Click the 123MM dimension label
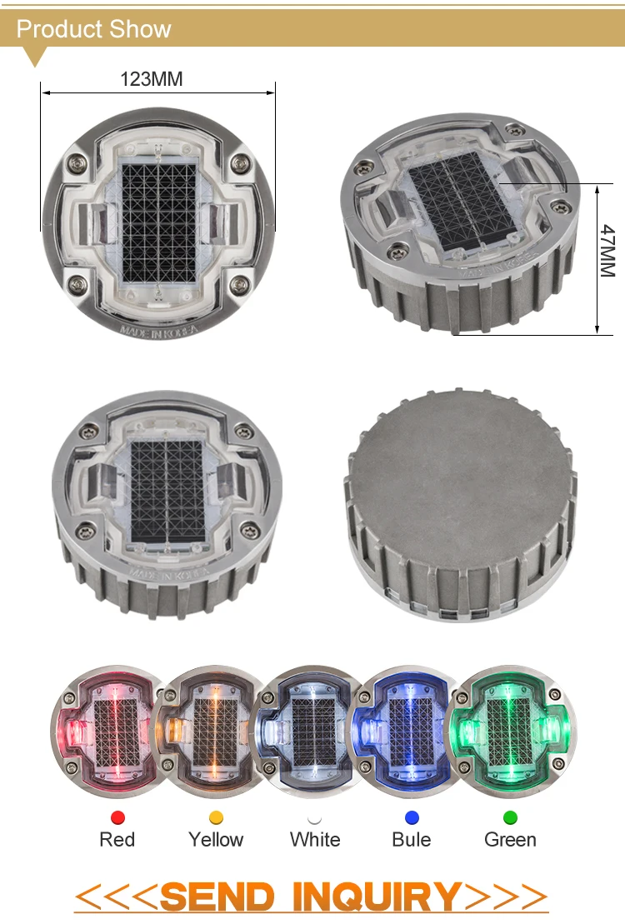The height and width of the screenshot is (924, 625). pyautogui.click(x=152, y=79)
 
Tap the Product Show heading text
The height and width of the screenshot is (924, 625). pyautogui.click(x=93, y=29)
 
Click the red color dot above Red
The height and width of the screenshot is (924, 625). pyautogui.click(x=117, y=817)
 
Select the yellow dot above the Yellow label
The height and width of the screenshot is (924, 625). pyautogui.click(x=216, y=817)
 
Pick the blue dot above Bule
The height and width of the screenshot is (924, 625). pyautogui.click(x=412, y=817)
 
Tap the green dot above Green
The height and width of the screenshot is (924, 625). pyautogui.click(x=510, y=817)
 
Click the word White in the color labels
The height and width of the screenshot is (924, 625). pyautogui.click(x=315, y=839)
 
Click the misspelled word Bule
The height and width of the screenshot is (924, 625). pyautogui.click(x=412, y=839)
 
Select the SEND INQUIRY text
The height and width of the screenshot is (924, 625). pyautogui.click(x=311, y=897)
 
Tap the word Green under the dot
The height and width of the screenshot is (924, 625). pyautogui.click(x=510, y=839)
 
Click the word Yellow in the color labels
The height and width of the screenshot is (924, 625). pyautogui.click(x=216, y=839)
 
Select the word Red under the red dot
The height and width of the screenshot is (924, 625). pyautogui.click(x=117, y=839)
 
